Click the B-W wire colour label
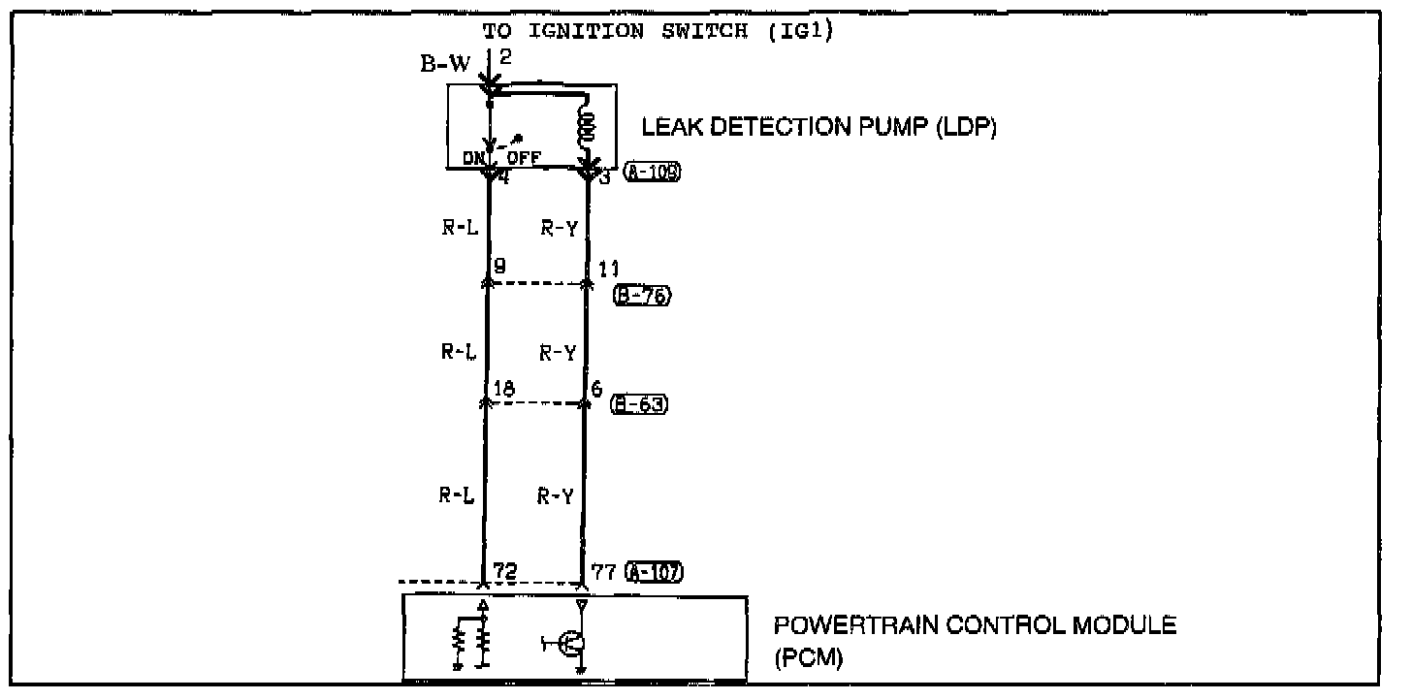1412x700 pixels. pos(445,66)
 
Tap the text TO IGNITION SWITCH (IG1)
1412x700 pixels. pos(658,30)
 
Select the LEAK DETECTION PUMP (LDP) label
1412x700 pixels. pos(819,127)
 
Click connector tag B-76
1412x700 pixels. pos(642,297)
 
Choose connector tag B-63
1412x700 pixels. pos(639,404)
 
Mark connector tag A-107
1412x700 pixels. pos(655,571)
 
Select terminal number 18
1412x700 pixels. pos(503,390)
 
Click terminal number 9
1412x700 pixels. pos(499,265)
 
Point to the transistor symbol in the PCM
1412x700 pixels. pos(569,642)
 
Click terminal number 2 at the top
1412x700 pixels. pos(504,56)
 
